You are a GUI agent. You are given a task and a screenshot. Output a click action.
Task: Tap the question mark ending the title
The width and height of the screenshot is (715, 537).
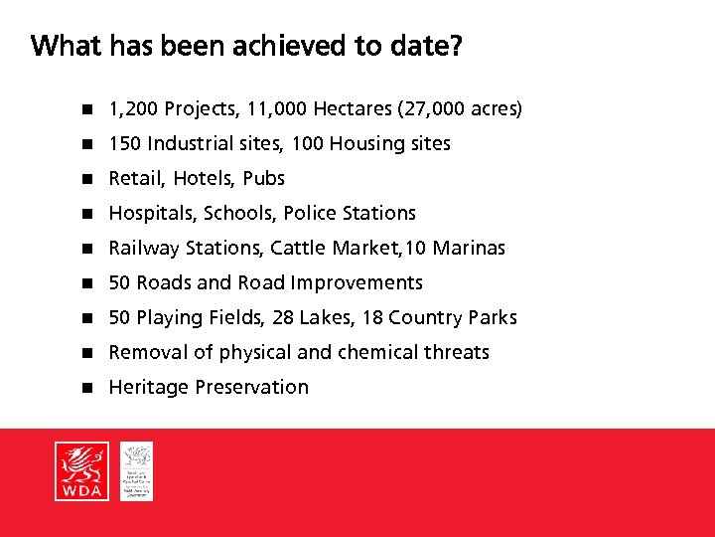pyautogui.click(x=455, y=47)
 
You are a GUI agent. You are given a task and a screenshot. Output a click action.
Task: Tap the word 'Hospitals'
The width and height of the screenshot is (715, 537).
pyautogui.click(x=148, y=213)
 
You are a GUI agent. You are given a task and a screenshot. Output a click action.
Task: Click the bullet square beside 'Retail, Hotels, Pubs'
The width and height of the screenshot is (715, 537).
pyautogui.click(x=86, y=179)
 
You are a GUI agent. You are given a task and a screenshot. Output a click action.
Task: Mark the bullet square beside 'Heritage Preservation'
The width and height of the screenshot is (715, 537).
pyautogui.click(x=86, y=388)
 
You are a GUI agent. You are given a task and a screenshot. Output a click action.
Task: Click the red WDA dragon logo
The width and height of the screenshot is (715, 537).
pyautogui.click(x=82, y=471)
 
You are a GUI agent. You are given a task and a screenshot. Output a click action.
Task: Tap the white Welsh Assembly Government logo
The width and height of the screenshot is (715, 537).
pyautogui.click(x=137, y=471)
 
